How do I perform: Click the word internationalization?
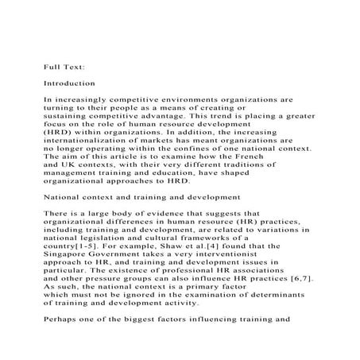coord(99,140)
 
